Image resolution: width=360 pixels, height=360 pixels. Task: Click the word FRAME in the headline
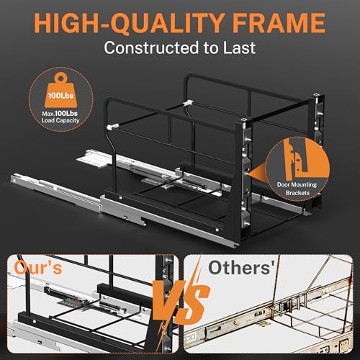(279, 23)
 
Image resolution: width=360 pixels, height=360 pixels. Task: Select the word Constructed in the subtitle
(151, 48)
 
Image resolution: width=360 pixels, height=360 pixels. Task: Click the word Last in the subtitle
(239, 48)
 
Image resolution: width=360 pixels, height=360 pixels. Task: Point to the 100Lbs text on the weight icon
(60, 96)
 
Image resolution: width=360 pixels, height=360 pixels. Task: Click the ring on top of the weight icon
(60, 78)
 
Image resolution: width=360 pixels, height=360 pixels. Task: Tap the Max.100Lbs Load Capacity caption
(60, 117)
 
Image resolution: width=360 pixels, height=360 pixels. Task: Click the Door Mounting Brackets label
(297, 189)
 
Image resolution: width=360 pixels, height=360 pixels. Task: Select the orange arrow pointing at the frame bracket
(257, 172)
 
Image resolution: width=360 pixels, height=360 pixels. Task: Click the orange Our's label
(38, 267)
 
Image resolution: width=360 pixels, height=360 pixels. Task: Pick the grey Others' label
(241, 268)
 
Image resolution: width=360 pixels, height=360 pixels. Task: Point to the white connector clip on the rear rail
(188, 104)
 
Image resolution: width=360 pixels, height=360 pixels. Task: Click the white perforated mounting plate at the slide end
(92, 160)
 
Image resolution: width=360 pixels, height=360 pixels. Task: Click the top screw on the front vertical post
(244, 120)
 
